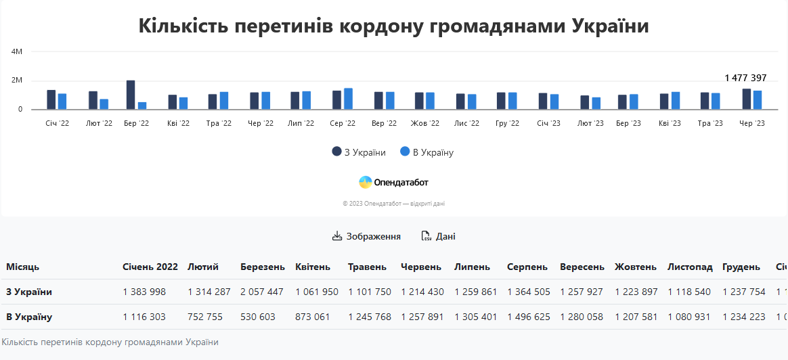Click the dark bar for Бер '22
click(x=131, y=95)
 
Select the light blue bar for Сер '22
click(x=348, y=99)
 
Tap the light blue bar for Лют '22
click(x=104, y=104)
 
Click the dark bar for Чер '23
click(x=746, y=99)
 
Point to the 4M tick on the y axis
click(x=17, y=51)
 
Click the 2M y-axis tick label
click(x=17, y=81)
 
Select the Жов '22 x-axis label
click(x=424, y=124)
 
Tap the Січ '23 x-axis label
click(x=548, y=124)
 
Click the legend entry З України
click(x=359, y=152)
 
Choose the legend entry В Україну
click(x=426, y=152)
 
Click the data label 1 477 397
click(x=745, y=78)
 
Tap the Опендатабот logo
click(x=393, y=182)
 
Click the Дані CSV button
click(x=438, y=236)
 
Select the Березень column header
click(x=262, y=267)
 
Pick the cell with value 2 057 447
click(x=261, y=292)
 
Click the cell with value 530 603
click(x=257, y=317)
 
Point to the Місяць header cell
click(x=23, y=267)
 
